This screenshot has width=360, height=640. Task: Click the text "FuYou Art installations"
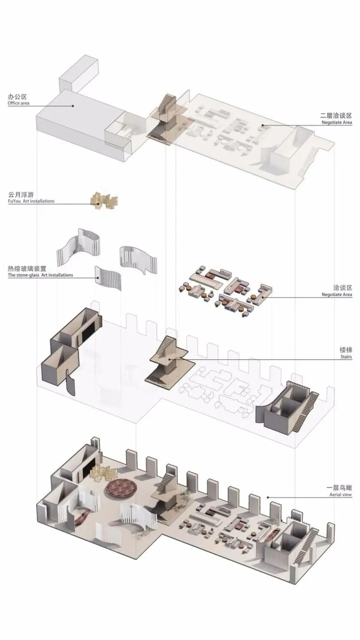[x=31, y=201]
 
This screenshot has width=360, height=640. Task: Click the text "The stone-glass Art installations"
[x=40, y=275]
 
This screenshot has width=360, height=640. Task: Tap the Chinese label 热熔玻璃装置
[x=27, y=268]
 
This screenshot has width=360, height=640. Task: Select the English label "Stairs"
[x=346, y=357]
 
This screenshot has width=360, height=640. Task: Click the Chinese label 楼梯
[x=346, y=349]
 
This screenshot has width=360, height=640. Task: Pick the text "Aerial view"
[x=340, y=495]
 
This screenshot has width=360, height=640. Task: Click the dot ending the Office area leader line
[x=73, y=106]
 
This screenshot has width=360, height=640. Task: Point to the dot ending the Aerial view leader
[x=268, y=497]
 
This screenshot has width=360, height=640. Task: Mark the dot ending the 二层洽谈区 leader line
[x=263, y=125]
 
